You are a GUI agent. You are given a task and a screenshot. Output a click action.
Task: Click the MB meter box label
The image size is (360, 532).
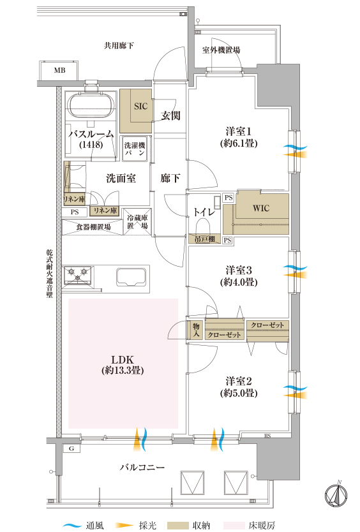point(60,71)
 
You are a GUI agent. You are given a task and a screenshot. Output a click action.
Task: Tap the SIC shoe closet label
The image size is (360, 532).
point(140,106)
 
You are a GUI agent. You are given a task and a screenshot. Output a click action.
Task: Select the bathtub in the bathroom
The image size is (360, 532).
point(91,106)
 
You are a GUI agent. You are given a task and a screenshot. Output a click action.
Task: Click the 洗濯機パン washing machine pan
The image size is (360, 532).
point(135,149)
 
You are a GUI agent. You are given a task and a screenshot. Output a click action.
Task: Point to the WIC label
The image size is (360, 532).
point(261,208)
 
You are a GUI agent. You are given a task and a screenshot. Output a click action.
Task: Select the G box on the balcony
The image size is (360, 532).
point(71,448)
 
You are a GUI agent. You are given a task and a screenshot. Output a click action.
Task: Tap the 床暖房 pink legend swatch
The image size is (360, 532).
point(234,526)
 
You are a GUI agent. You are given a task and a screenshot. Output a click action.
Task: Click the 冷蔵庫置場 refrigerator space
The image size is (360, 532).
point(137,221)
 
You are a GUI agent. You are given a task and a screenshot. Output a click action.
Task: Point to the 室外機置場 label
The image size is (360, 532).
point(221,50)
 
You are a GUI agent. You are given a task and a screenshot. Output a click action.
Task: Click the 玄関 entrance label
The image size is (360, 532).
point(170,115)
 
